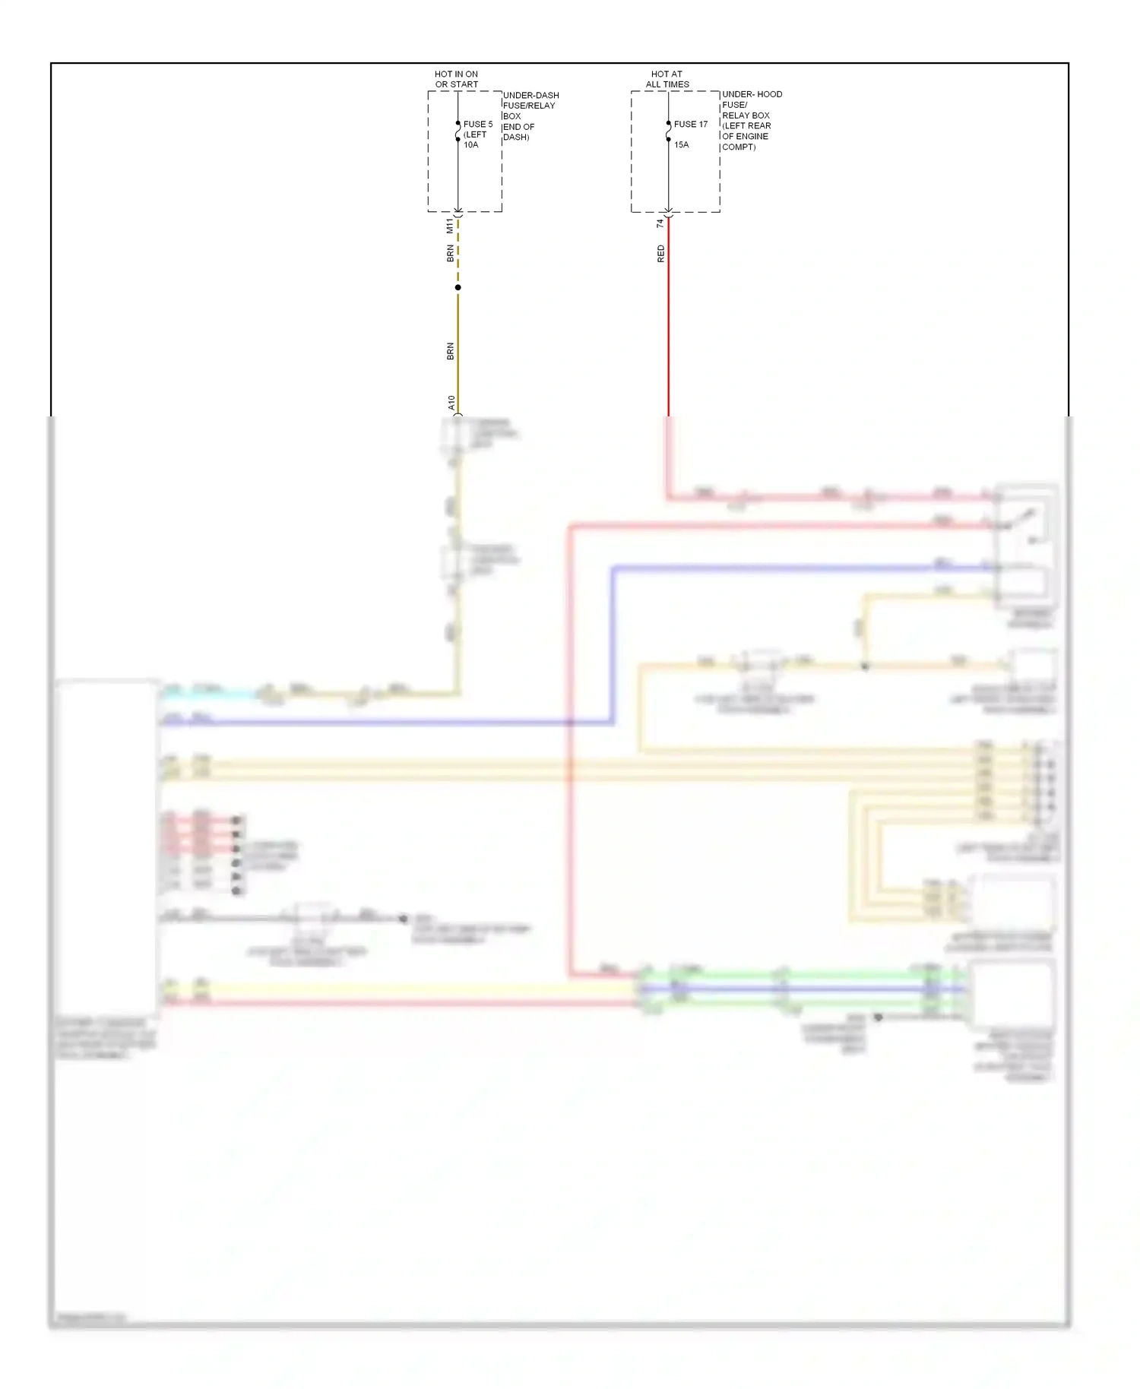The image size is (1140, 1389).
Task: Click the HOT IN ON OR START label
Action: click(x=456, y=79)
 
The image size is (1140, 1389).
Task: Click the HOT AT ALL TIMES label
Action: click(x=667, y=79)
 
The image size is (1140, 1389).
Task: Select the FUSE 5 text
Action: click(x=478, y=124)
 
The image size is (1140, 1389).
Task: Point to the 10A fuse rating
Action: click(x=471, y=144)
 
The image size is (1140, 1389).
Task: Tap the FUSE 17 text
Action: click(x=690, y=124)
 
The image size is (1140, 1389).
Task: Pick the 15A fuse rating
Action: click(x=681, y=144)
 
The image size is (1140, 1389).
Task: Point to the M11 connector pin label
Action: click(x=449, y=226)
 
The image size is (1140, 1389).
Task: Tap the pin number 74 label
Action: click(x=660, y=223)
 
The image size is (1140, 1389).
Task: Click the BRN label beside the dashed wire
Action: click(x=450, y=253)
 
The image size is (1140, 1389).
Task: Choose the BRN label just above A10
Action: click(x=450, y=351)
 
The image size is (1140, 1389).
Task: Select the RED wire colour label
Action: click(x=660, y=254)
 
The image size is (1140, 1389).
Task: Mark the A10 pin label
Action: click(x=451, y=403)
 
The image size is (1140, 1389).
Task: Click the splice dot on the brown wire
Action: click(x=458, y=287)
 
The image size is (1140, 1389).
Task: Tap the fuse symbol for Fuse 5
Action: click(x=458, y=134)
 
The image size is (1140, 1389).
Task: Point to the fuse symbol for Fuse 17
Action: click(x=668, y=134)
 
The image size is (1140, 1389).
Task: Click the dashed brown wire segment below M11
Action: click(x=458, y=255)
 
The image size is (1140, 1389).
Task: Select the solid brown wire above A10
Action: click(x=458, y=350)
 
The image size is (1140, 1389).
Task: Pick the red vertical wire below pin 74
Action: click(x=668, y=319)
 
